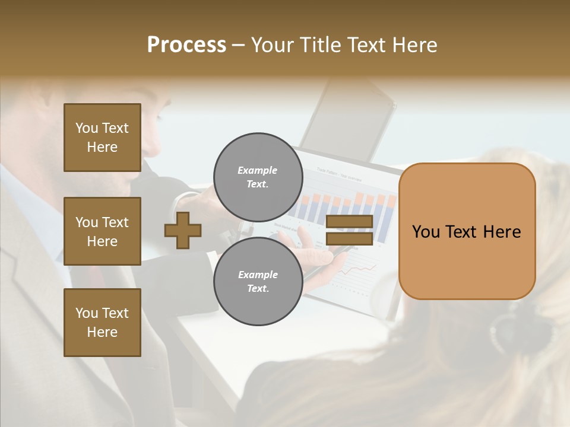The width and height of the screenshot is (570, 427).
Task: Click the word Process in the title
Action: pyautogui.click(x=186, y=45)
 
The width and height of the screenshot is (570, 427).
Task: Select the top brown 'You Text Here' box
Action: pyautogui.click(x=102, y=138)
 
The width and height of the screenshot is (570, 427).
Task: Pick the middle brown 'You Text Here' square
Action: pyautogui.click(x=102, y=231)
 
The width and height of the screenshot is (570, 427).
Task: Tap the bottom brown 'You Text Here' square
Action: pyautogui.click(x=102, y=323)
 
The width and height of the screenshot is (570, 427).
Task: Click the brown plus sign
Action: pyautogui.click(x=183, y=230)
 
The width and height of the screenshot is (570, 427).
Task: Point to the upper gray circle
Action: pyautogui.click(x=258, y=177)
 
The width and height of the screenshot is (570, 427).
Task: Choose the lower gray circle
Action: pyautogui.click(x=258, y=282)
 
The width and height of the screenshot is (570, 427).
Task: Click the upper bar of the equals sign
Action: pyautogui.click(x=349, y=222)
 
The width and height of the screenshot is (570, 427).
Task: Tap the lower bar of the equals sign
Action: pyautogui.click(x=349, y=238)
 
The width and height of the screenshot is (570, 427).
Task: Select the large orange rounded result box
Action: pyautogui.click(x=467, y=231)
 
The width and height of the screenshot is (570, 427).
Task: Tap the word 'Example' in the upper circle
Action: pyautogui.click(x=258, y=170)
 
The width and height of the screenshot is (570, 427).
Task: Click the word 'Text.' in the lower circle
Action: pyautogui.click(x=258, y=289)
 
